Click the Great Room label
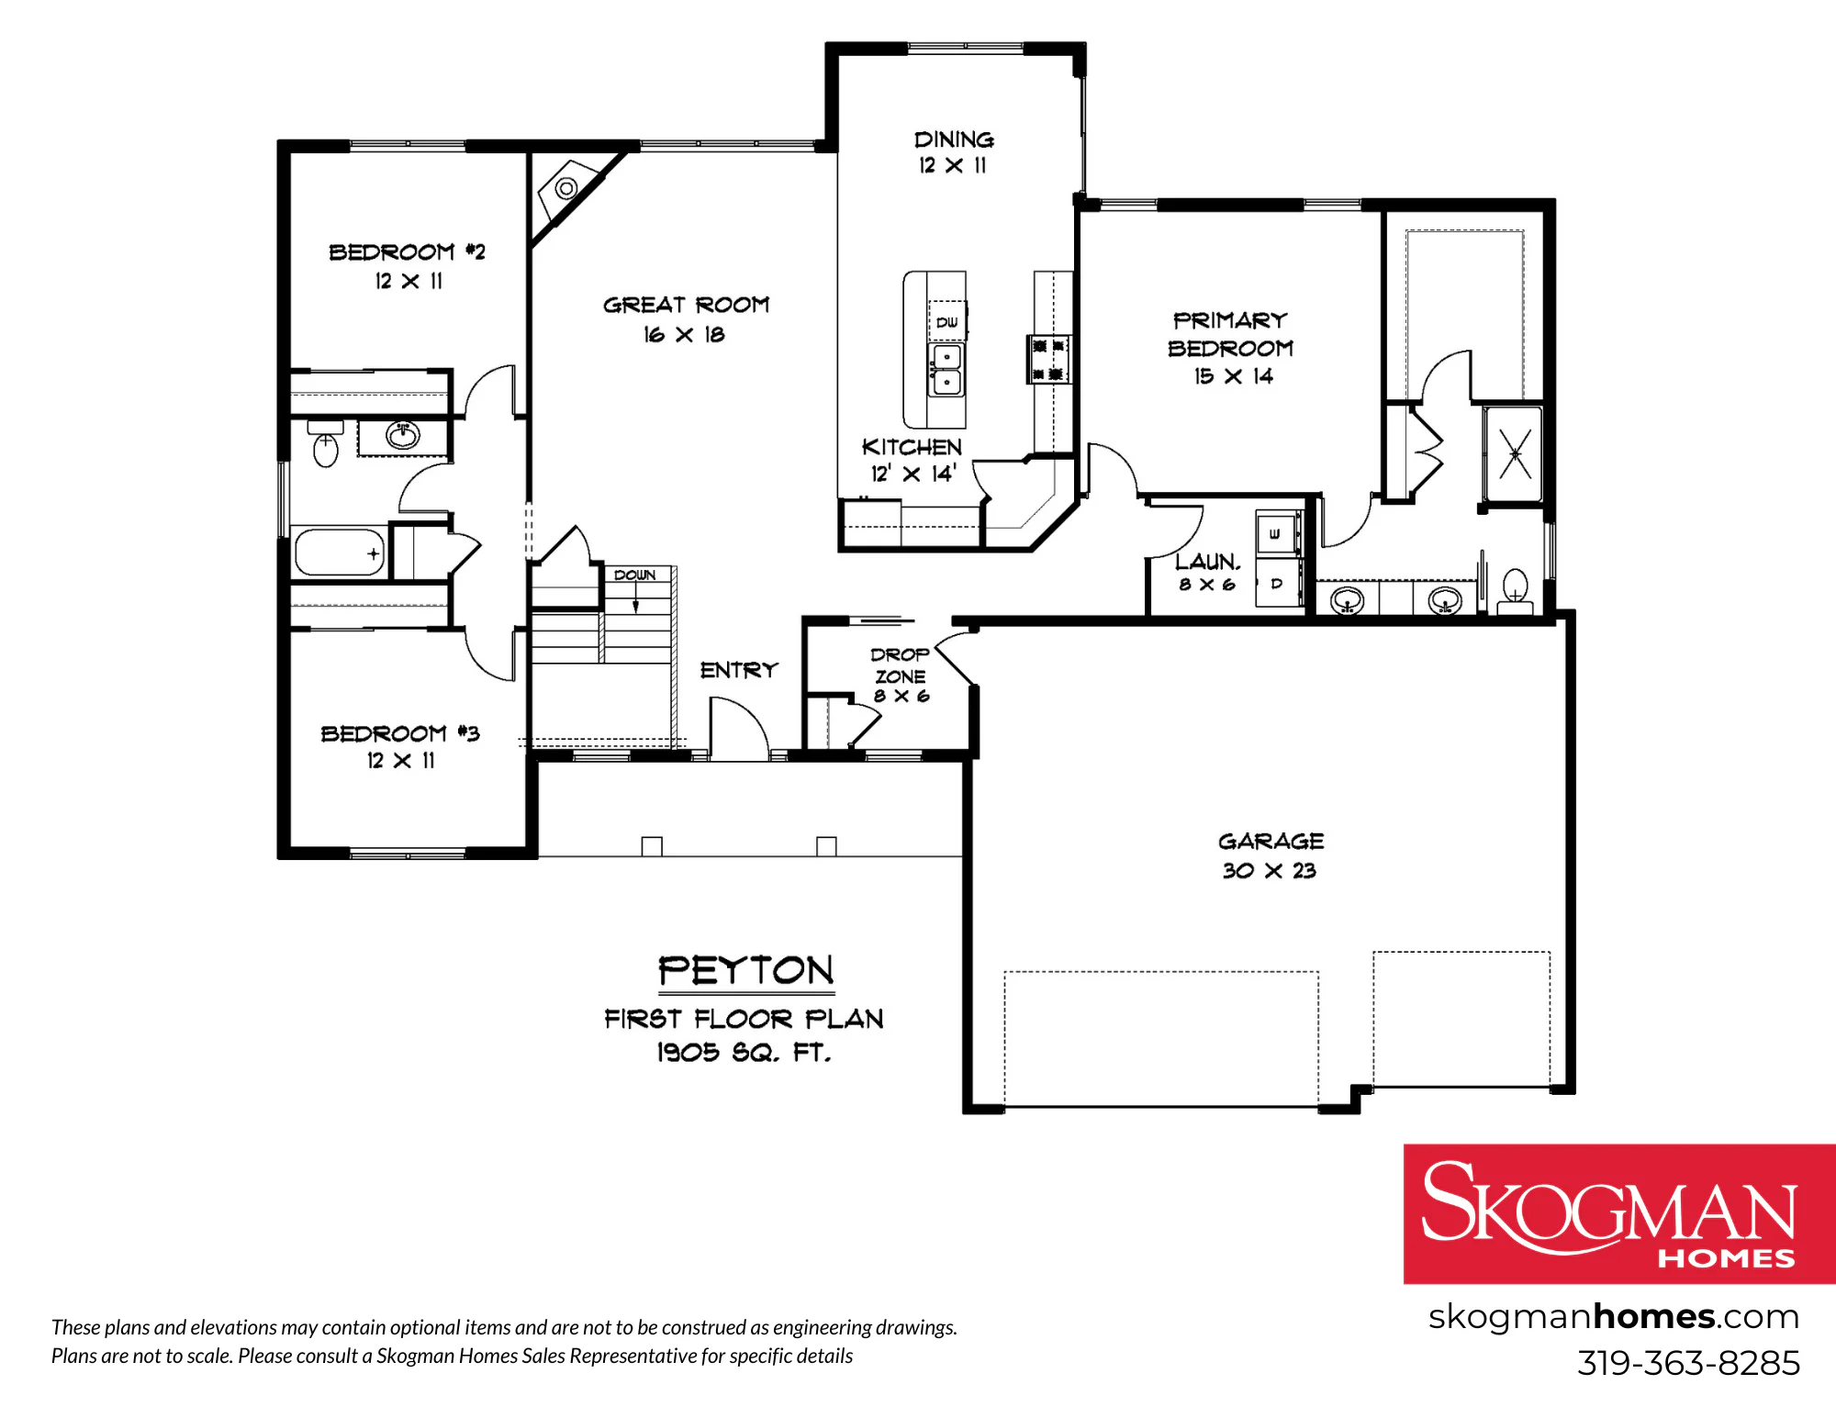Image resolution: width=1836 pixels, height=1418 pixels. pyautogui.click(x=686, y=305)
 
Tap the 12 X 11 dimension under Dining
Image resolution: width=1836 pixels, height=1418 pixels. pyautogui.click(x=953, y=165)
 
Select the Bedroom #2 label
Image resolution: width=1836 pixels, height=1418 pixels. pyautogui.click(x=407, y=251)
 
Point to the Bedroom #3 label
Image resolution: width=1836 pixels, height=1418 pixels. pyautogui.click(x=399, y=733)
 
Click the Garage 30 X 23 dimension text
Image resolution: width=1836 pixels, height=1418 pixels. pyautogui.click(x=1270, y=870)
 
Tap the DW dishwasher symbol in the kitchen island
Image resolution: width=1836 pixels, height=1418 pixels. pyautogui.click(x=947, y=321)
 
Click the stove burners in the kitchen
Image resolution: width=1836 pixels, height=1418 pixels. pyautogui.click(x=1047, y=359)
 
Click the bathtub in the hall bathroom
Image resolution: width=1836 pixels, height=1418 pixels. pyautogui.click(x=340, y=553)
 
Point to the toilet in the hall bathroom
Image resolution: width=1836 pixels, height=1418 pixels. pyautogui.click(x=325, y=442)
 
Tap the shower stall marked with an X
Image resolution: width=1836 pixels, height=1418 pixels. pyautogui.click(x=1513, y=454)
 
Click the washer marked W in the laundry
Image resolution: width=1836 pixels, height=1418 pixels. pyautogui.click(x=1277, y=533)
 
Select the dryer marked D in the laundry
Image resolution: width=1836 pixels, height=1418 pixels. pyautogui.click(x=1277, y=584)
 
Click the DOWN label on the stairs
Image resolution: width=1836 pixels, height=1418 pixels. pyautogui.click(x=634, y=575)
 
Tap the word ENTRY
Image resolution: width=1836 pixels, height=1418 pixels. pyautogui.click(x=739, y=670)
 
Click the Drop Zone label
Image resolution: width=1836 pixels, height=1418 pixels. pyautogui.click(x=900, y=665)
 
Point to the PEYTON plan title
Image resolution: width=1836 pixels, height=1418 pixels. pyautogui.click(x=745, y=970)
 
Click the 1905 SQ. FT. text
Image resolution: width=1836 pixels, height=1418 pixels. pyautogui.click(x=744, y=1052)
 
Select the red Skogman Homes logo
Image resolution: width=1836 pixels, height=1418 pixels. pyautogui.click(x=1619, y=1213)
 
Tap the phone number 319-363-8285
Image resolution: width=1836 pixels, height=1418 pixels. pyautogui.click(x=1688, y=1363)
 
